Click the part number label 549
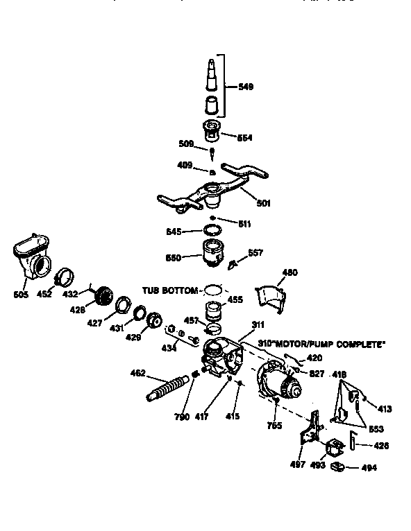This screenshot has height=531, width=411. click(x=244, y=87)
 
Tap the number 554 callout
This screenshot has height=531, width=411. click(x=244, y=137)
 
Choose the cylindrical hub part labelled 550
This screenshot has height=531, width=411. click(x=212, y=254)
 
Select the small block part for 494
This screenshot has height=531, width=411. click(x=339, y=467)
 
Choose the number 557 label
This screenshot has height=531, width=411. click(x=256, y=253)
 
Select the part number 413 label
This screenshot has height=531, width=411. click(x=385, y=408)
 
